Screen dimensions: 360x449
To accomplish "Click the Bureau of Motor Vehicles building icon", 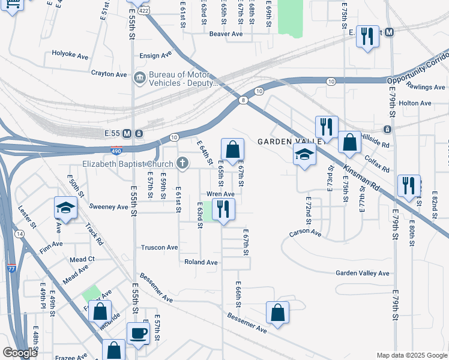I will pos(139,77).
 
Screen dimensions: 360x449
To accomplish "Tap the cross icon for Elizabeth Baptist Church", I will pos(182,163).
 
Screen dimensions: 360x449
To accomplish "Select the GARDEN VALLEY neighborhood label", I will pos(291,142).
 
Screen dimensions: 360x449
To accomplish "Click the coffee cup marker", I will pos(138,333).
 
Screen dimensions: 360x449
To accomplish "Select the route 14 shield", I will pos(20,233).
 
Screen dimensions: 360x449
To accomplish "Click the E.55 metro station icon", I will pos(139,133).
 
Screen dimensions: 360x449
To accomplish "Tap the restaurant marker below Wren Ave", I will pos(223,209).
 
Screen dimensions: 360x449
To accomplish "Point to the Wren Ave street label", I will pos(220,194).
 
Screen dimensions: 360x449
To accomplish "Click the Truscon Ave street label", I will pos(159,247).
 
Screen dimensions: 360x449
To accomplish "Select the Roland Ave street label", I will pos(200,262).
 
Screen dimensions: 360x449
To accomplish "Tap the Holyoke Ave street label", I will pos(70,56).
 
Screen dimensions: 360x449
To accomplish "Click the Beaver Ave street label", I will pos(226,34).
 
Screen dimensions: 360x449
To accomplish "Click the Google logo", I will pos(19,353).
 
